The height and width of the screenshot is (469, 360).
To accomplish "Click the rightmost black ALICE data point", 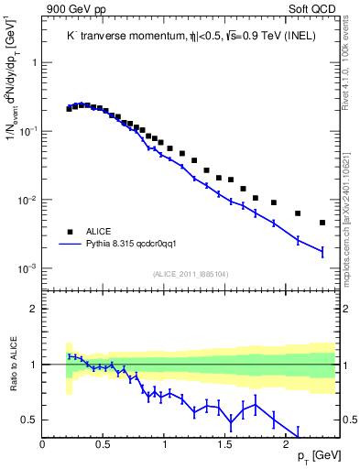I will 322,223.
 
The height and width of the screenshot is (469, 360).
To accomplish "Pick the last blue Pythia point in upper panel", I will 322,252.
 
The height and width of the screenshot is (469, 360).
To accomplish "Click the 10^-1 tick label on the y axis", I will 27,132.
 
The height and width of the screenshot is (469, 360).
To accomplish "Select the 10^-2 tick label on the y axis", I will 27,201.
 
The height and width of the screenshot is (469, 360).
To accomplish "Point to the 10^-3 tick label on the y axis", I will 27,269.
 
